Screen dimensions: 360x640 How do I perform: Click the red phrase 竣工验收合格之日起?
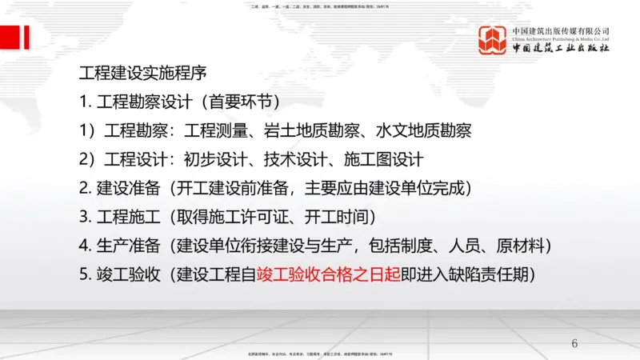tap(328, 274)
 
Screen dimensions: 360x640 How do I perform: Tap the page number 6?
tap(574, 344)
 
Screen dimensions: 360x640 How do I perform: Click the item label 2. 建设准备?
tap(114, 188)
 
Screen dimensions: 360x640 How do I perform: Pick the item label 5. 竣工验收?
tap(114, 274)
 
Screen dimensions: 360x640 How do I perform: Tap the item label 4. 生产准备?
tap(114, 245)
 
